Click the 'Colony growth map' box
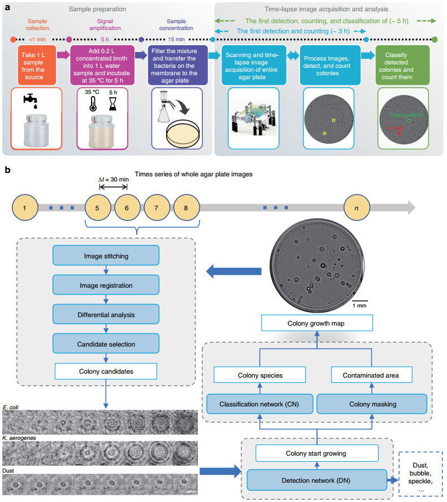317,323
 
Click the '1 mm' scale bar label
362,305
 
